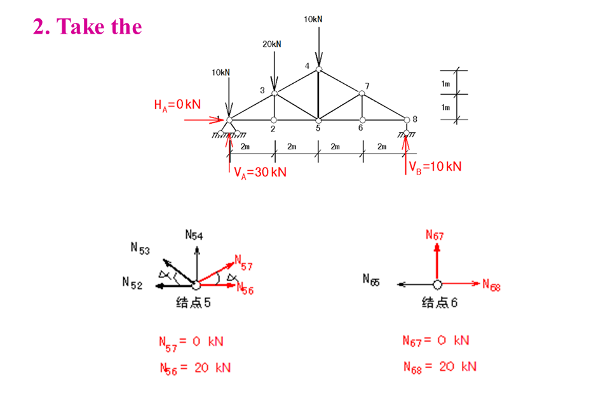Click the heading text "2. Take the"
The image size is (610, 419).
[88, 27]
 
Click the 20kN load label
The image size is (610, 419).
[271, 44]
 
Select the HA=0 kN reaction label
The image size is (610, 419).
[177, 105]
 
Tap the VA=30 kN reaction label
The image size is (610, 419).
[260, 173]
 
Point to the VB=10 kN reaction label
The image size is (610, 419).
[435, 167]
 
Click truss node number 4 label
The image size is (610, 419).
[307, 66]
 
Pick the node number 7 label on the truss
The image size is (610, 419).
[367, 86]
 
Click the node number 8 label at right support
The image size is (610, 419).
[415, 119]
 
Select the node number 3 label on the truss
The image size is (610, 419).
[262, 90]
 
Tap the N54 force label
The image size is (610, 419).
[194, 235]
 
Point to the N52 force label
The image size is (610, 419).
[132, 284]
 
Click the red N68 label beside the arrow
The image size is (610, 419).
[492, 285]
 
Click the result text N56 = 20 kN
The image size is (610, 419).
[194, 368]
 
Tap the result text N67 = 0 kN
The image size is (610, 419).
[436, 340]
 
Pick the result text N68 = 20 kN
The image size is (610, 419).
[440, 366]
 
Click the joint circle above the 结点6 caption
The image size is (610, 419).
[437, 284]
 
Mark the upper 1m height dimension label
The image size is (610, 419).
[445, 84]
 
